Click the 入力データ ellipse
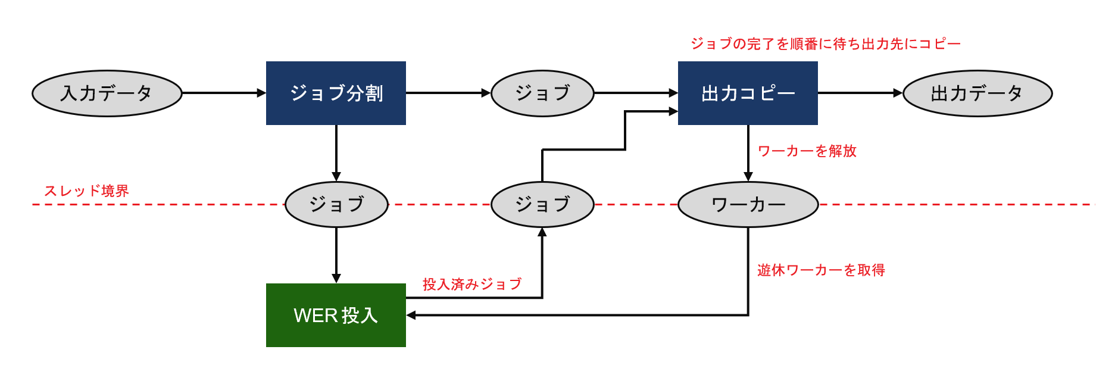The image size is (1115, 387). click(107, 93)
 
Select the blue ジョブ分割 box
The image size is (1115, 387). click(336, 93)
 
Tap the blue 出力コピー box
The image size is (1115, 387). click(748, 93)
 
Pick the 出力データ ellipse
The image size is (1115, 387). click(977, 93)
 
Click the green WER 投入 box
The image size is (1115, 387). click(336, 315)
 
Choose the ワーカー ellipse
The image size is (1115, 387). click(748, 204)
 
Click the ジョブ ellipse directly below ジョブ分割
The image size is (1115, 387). click(336, 204)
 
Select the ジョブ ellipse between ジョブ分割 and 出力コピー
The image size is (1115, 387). click(542, 93)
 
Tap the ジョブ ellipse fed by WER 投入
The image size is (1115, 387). click(542, 204)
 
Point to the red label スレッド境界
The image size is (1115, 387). click(86, 191)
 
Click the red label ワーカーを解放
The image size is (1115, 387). click(807, 151)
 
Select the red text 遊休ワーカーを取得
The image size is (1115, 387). click(821, 270)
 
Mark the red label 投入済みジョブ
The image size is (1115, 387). click(472, 285)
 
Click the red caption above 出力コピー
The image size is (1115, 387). click(825, 44)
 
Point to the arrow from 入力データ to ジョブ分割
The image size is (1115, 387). click(223, 93)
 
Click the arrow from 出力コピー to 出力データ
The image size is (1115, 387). click(860, 93)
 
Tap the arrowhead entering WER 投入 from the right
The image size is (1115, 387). click(411, 315)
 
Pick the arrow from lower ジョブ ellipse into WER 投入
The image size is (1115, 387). click(336, 255)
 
